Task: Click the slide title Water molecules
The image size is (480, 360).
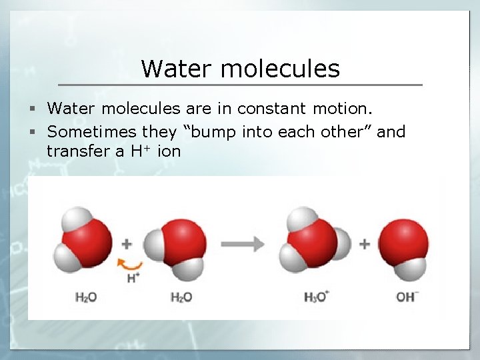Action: click(240, 68)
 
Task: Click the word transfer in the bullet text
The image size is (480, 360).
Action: click(77, 151)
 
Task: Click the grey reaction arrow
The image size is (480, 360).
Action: click(243, 244)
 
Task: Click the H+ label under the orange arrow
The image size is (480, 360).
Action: click(133, 277)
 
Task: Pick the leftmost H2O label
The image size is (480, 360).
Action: click(86, 297)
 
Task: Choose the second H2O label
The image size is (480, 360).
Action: click(181, 297)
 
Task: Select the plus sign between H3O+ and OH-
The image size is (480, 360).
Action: click(364, 244)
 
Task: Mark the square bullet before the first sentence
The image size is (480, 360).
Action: click(39, 109)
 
